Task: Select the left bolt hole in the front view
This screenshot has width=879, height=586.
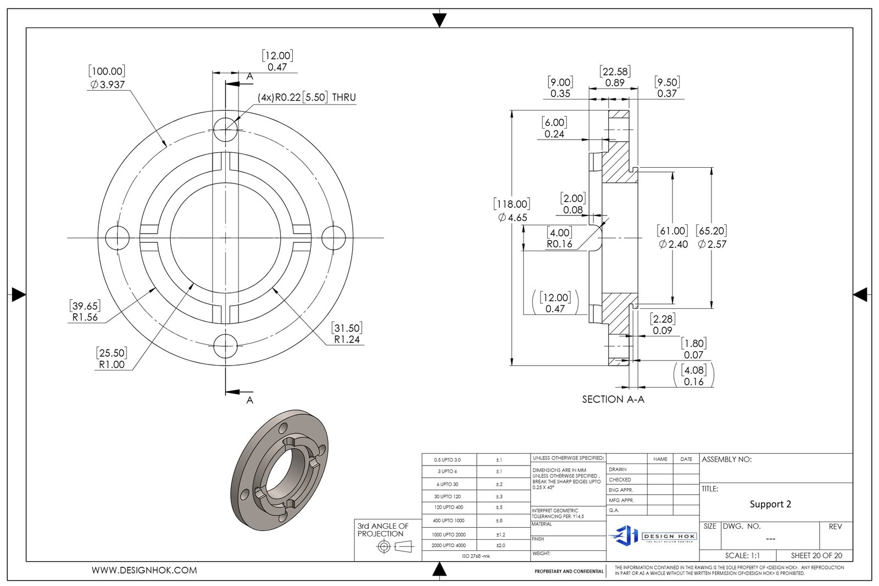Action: click(x=117, y=238)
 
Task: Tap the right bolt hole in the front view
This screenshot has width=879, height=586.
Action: click(x=333, y=238)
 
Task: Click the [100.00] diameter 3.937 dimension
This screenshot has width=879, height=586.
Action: click(x=107, y=78)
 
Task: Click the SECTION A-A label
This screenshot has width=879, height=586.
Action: click(x=613, y=399)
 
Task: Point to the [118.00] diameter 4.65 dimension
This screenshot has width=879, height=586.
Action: click(x=512, y=211)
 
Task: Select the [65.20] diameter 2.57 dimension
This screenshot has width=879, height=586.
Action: click(x=711, y=237)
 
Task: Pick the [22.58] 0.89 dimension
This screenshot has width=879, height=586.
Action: click(x=615, y=77)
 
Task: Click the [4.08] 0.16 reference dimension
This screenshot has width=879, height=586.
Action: click(x=693, y=375)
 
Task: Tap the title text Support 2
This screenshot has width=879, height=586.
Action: click(x=770, y=504)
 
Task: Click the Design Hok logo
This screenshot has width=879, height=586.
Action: click(x=653, y=535)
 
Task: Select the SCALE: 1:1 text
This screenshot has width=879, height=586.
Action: click(x=742, y=555)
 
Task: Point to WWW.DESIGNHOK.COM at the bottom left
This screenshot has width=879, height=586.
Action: click(x=144, y=570)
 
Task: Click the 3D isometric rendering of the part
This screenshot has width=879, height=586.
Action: click(x=280, y=470)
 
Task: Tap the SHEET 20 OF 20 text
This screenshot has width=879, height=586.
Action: click(x=816, y=555)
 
